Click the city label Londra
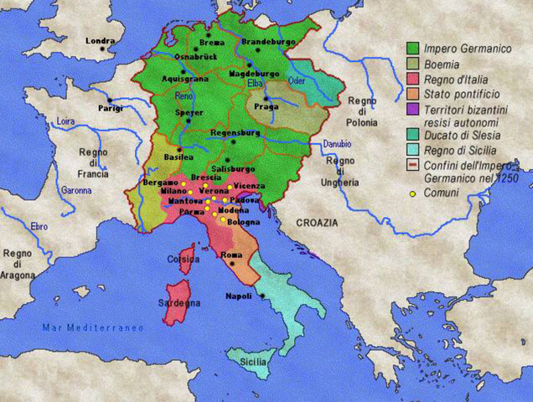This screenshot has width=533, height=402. point(100,39)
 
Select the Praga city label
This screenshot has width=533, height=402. point(265,110)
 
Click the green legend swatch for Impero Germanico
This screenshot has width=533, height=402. point(413,47)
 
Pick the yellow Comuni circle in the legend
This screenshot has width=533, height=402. point(412,194)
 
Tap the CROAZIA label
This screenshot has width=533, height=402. point(316,223)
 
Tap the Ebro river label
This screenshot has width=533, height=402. point(39,227)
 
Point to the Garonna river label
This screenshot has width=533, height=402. point(76,190)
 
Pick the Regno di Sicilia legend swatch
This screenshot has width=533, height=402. point(413,148)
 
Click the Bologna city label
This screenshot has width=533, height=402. point(241,222)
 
